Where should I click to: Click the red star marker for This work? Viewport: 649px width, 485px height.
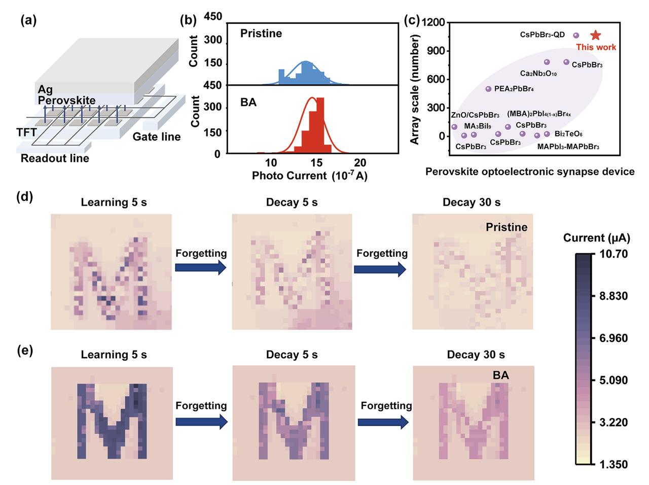595,35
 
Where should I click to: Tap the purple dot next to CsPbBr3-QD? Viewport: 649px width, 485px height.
576,35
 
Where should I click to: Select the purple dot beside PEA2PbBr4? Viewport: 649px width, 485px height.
488,89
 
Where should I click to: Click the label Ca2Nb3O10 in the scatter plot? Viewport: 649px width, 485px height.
538,74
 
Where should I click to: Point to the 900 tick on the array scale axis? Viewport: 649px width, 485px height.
436,51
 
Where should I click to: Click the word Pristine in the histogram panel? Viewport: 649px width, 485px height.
261,33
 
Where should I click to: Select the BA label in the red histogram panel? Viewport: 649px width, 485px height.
248,102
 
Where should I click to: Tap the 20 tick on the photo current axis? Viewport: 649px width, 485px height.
360,162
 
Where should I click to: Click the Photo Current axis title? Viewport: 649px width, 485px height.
310,176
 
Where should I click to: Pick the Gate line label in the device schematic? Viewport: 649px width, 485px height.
156,136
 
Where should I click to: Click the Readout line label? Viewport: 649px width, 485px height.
55,158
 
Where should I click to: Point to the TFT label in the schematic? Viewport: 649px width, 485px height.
26,132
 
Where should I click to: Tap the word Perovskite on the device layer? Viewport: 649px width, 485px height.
66,100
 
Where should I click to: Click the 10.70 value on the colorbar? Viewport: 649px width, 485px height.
613,254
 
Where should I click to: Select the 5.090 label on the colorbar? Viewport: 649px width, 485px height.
613,380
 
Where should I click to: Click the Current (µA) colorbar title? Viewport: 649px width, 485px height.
596,238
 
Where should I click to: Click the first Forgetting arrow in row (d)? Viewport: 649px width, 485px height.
201,268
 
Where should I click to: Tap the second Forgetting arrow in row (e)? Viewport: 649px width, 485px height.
383,422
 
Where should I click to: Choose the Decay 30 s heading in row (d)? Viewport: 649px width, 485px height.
472,202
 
